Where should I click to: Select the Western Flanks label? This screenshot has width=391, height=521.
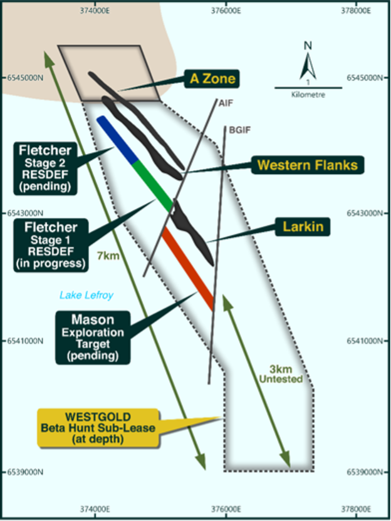point(307,165)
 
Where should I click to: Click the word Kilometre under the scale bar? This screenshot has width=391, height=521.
point(308,95)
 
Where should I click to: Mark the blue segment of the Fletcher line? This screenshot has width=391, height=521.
point(117,139)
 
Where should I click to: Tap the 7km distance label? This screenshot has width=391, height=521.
point(108,255)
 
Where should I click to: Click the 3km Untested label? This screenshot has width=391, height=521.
point(281,374)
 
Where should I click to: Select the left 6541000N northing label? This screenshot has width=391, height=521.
point(23,341)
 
